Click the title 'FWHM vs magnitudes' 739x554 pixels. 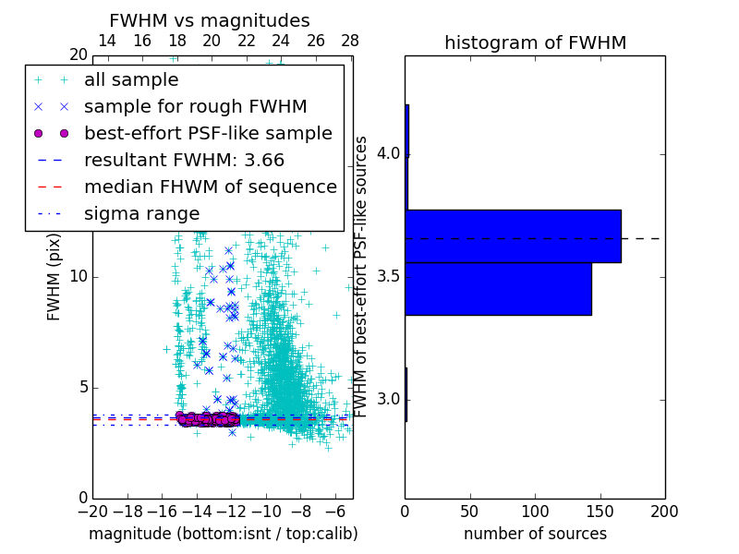click(210, 20)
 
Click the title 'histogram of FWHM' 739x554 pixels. click(535, 42)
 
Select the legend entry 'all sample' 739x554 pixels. click(131, 79)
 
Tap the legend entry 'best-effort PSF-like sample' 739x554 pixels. click(208, 133)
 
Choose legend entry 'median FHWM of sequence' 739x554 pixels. click(210, 187)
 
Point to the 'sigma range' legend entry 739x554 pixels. click(141, 213)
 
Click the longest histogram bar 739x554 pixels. click(513, 235)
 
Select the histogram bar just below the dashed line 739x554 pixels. click(498, 289)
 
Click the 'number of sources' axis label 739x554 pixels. click(535, 534)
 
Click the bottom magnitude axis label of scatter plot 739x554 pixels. click(223, 534)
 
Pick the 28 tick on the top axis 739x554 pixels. click(350, 41)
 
